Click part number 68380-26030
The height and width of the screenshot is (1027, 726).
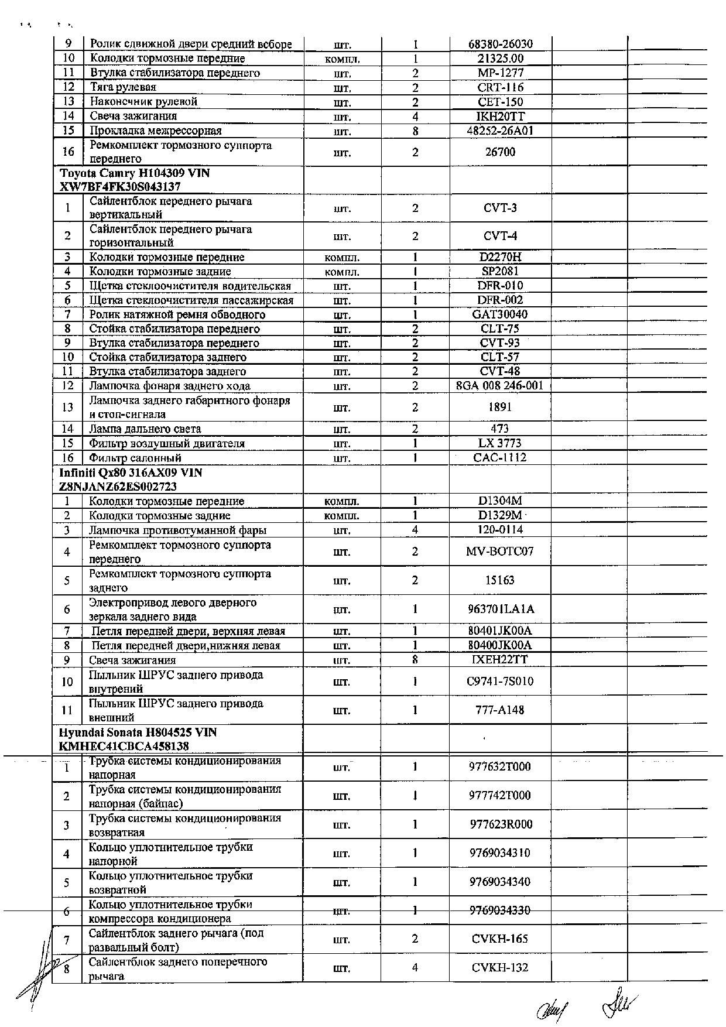[x=501, y=44]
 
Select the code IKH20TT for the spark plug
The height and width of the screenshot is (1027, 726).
[x=501, y=116]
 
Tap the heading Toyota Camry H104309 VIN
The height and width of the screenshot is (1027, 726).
[x=135, y=173]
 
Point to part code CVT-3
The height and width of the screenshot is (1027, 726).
[x=500, y=208]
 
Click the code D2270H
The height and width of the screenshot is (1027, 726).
[x=500, y=257]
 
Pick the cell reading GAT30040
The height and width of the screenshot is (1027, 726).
[x=500, y=314]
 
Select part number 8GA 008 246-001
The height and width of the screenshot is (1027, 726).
[x=500, y=386]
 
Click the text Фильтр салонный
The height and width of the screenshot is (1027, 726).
[x=135, y=458]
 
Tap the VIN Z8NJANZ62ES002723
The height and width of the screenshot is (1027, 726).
[x=118, y=487]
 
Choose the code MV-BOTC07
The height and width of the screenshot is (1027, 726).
[x=500, y=552]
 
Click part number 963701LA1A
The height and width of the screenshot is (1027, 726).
[x=500, y=609]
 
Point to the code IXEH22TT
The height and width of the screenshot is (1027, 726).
[x=500, y=660]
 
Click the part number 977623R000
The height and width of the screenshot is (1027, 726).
[x=501, y=824]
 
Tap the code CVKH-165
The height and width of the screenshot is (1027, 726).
[x=500, y=939]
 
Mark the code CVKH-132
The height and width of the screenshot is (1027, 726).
[x=500, y=968]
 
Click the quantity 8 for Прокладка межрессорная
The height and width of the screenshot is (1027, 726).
[x=415, y=131]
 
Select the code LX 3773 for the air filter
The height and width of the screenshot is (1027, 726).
[x=500, y=443]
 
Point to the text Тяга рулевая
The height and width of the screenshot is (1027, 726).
[x=123, y=87]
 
